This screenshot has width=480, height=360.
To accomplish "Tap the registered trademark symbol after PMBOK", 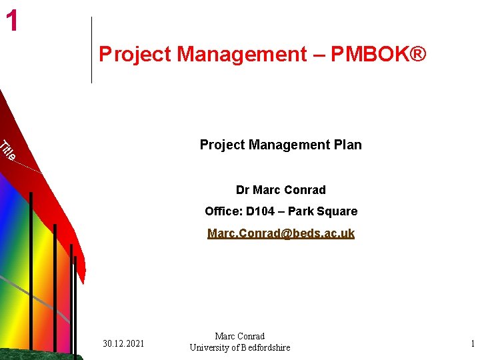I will point(417,54).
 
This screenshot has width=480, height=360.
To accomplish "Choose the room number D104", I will point(262,211).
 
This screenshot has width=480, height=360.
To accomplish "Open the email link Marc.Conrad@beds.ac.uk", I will point(281,233).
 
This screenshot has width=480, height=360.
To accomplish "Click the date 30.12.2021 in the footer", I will point(123,343).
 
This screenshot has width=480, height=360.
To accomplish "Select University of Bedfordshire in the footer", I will point(240,347).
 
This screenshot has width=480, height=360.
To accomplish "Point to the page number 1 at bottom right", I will point(473,343).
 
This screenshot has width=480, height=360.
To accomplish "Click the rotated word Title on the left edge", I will point(7,151).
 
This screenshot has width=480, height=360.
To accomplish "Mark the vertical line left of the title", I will point(91,50).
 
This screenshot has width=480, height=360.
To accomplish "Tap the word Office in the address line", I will point(223,211).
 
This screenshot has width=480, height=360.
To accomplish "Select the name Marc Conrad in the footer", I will point(240,337).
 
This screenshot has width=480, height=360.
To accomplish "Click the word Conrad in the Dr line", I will point(305,190).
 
